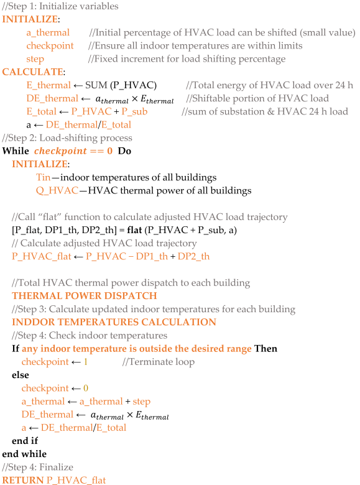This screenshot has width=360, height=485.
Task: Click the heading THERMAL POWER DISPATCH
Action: (x=85, y=295)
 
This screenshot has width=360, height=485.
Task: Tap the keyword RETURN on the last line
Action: (x=22, y=480)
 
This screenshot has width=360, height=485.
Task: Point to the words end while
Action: (x=24, y=454)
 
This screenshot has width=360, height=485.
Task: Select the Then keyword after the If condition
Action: (x=265, y=348)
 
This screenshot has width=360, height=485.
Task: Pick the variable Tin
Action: (x=44, y=178)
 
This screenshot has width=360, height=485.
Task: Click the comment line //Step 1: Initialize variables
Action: (x=60, y=6)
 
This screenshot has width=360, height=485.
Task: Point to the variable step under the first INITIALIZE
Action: (x=35, y=59)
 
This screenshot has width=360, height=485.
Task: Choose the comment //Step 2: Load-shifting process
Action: (x=67, y=138)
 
